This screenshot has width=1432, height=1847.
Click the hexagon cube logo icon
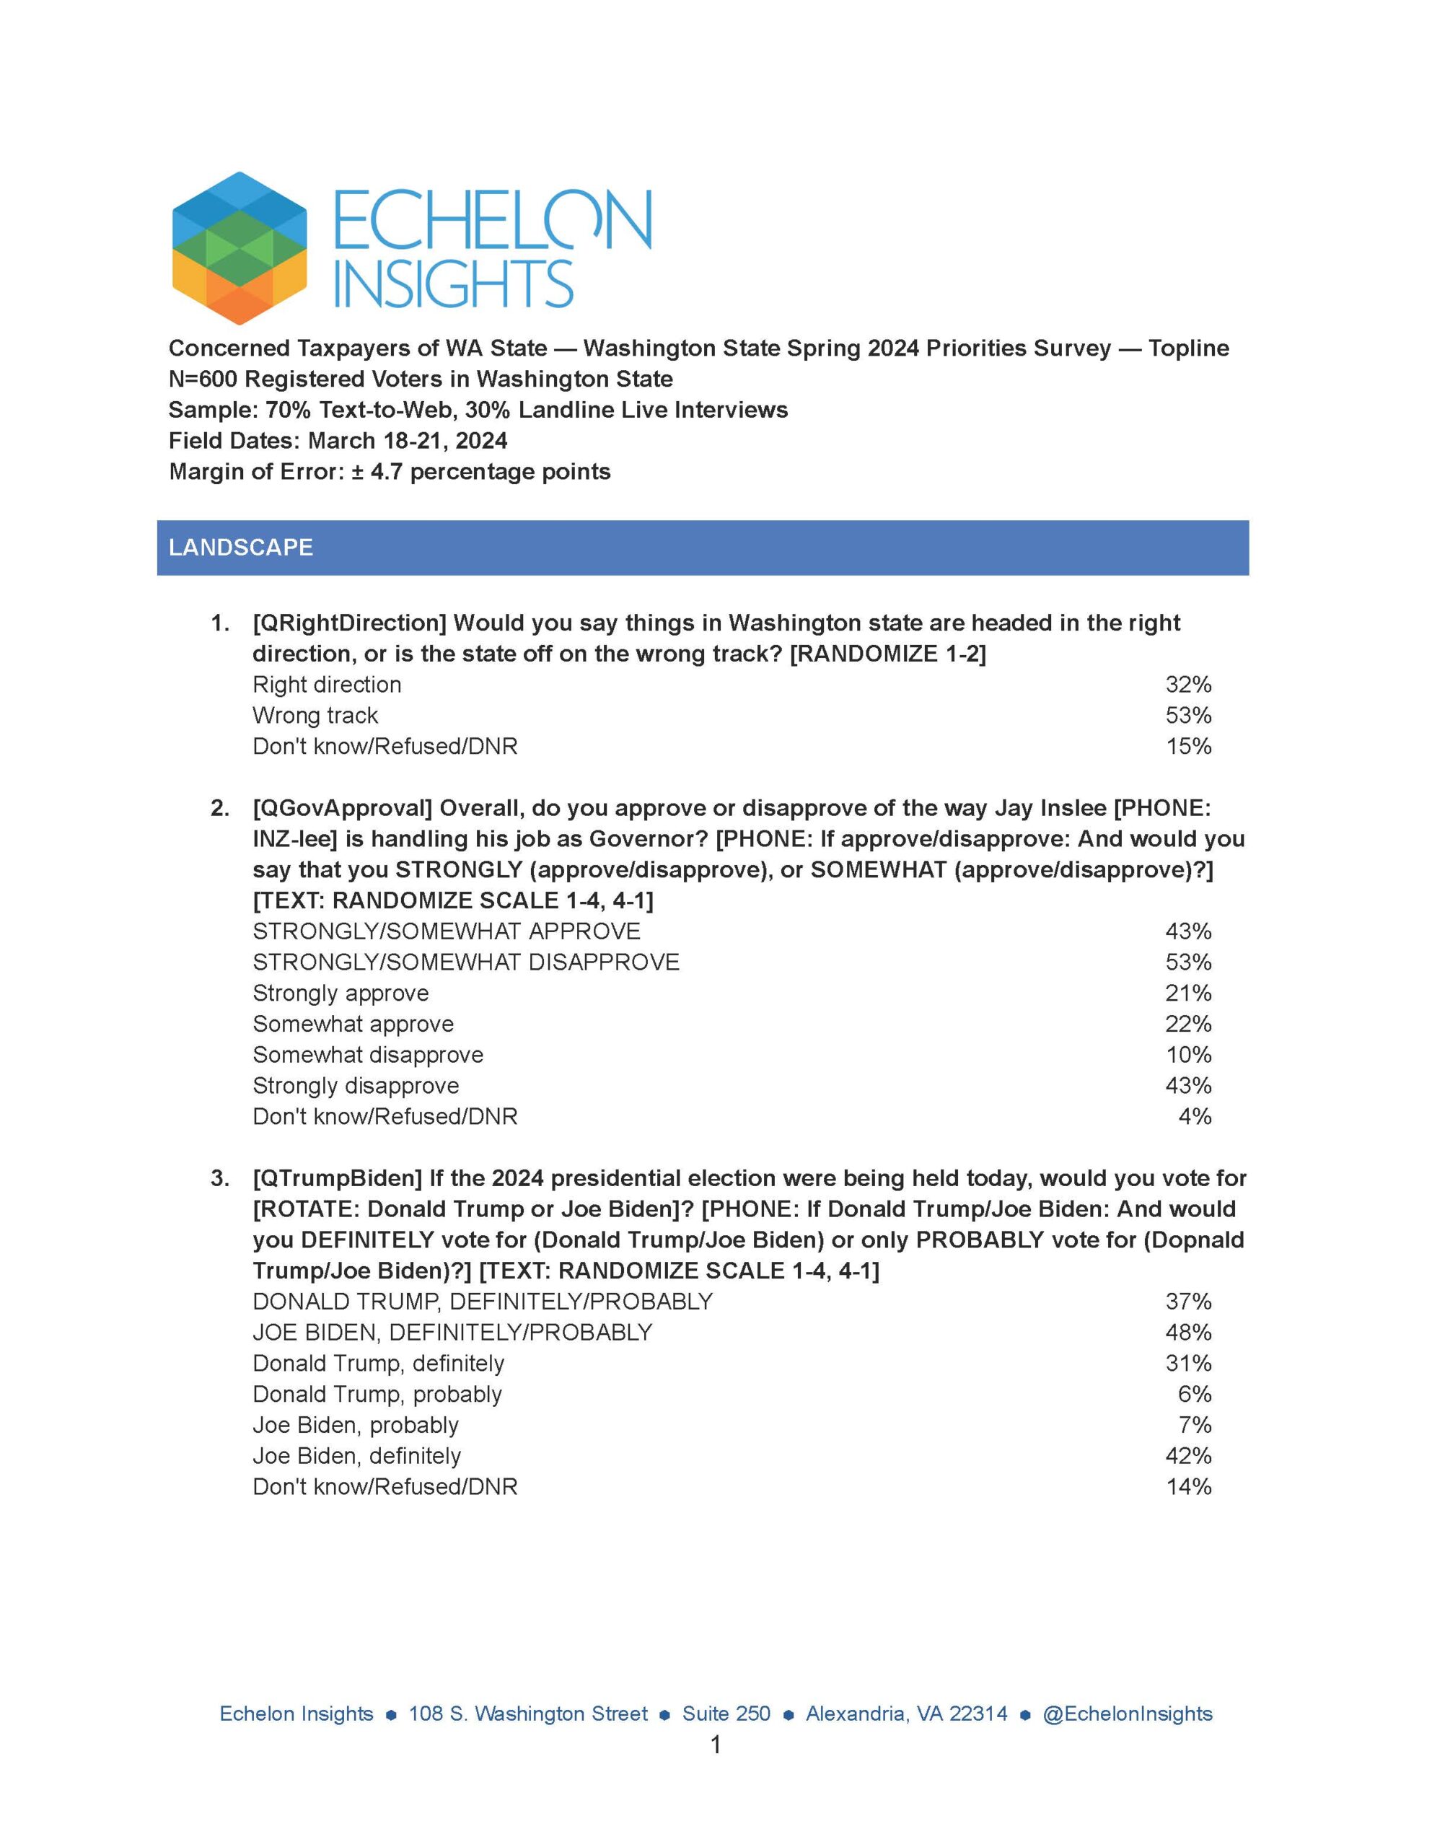tap(239, 247)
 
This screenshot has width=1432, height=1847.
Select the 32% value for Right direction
tap(1187, 684)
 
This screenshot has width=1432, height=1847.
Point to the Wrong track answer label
tap(315, 716)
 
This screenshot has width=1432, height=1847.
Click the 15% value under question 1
tap(1187, 746)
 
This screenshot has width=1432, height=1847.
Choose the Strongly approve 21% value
tap(1187, 993)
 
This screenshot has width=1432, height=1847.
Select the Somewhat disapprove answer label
tap(368, 1055)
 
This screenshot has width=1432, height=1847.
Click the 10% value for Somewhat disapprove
tap(1187, 1055)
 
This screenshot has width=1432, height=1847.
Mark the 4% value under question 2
tap(1195, 1116)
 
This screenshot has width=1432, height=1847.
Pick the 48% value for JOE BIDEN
tap(1187, 1332)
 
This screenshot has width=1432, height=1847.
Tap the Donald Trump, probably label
tap(377, 1394)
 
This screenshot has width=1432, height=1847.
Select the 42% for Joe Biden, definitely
tap(1187, 1455)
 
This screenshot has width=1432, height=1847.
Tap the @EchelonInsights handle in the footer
tap(1127, 1714)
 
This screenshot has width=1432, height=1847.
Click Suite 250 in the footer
tap(726, 1714)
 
